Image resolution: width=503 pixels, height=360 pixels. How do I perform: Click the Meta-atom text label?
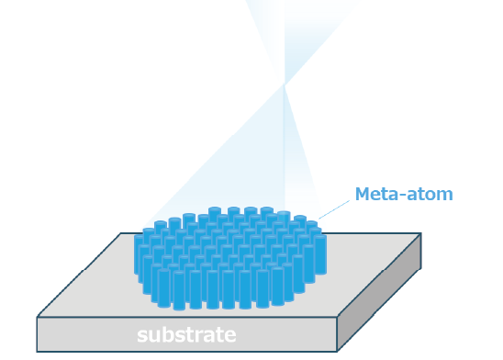tap(403, 194)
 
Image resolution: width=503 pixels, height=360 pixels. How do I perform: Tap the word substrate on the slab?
tap(186, 334)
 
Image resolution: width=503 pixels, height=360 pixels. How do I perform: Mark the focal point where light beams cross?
tap(285, 86)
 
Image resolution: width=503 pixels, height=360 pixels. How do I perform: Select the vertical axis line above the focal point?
tap(285, 37)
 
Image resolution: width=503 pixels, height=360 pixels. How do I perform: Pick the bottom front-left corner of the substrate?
tap(38, 350)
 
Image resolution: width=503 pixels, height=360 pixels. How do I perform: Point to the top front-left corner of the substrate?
tap(38, 318)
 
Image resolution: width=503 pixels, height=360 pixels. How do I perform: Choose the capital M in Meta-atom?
tap(362, 194)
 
